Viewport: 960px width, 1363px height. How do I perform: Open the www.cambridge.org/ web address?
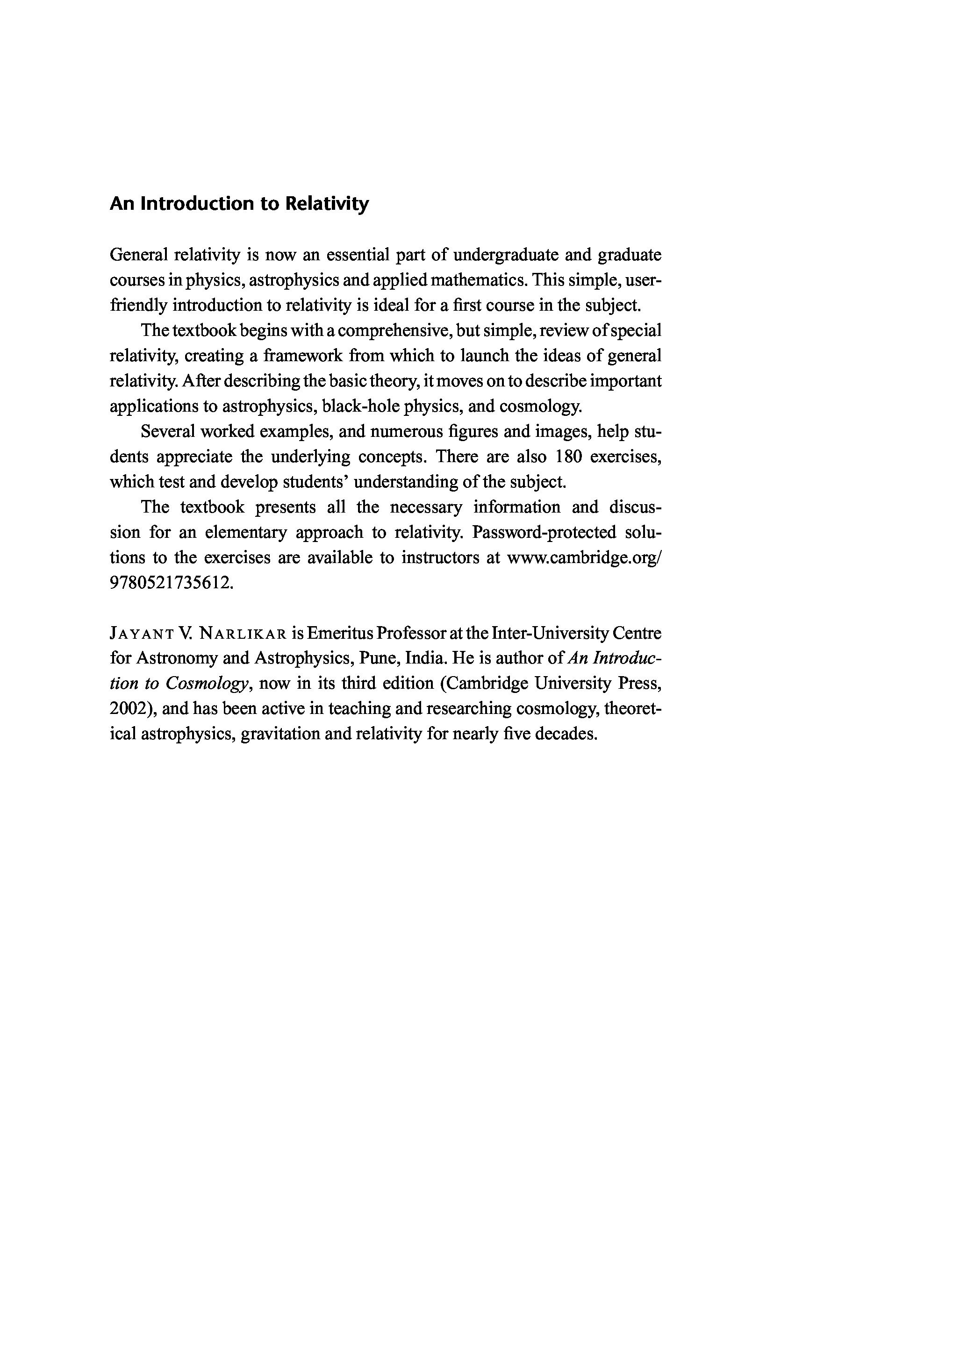585,557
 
